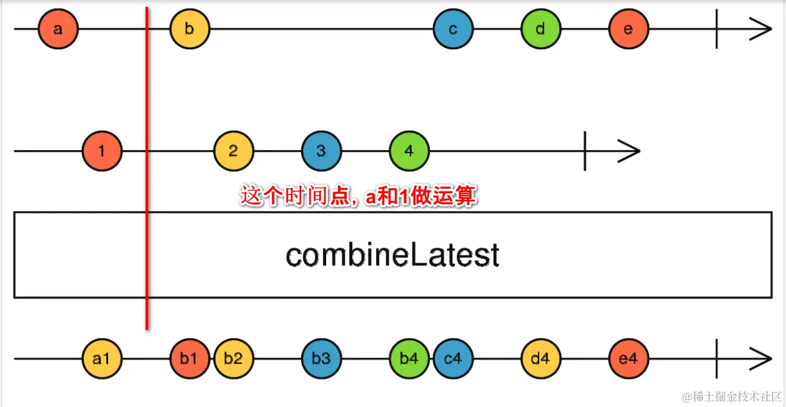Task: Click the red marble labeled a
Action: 58,29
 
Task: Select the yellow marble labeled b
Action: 190,29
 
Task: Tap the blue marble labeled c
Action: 453,29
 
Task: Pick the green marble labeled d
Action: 541,29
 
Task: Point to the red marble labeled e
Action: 629,29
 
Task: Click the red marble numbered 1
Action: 102,151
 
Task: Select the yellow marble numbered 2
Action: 234,151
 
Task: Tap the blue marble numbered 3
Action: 321,151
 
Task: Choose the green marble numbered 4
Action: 409,151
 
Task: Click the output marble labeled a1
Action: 102,359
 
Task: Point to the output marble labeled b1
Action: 189,359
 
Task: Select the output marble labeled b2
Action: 234,359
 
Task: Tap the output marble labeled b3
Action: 321,359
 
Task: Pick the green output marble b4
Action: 409,359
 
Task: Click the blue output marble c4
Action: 453,359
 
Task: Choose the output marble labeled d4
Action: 541,359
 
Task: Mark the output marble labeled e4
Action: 629,359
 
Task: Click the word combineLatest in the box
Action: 392,255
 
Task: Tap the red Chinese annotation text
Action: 359,197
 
